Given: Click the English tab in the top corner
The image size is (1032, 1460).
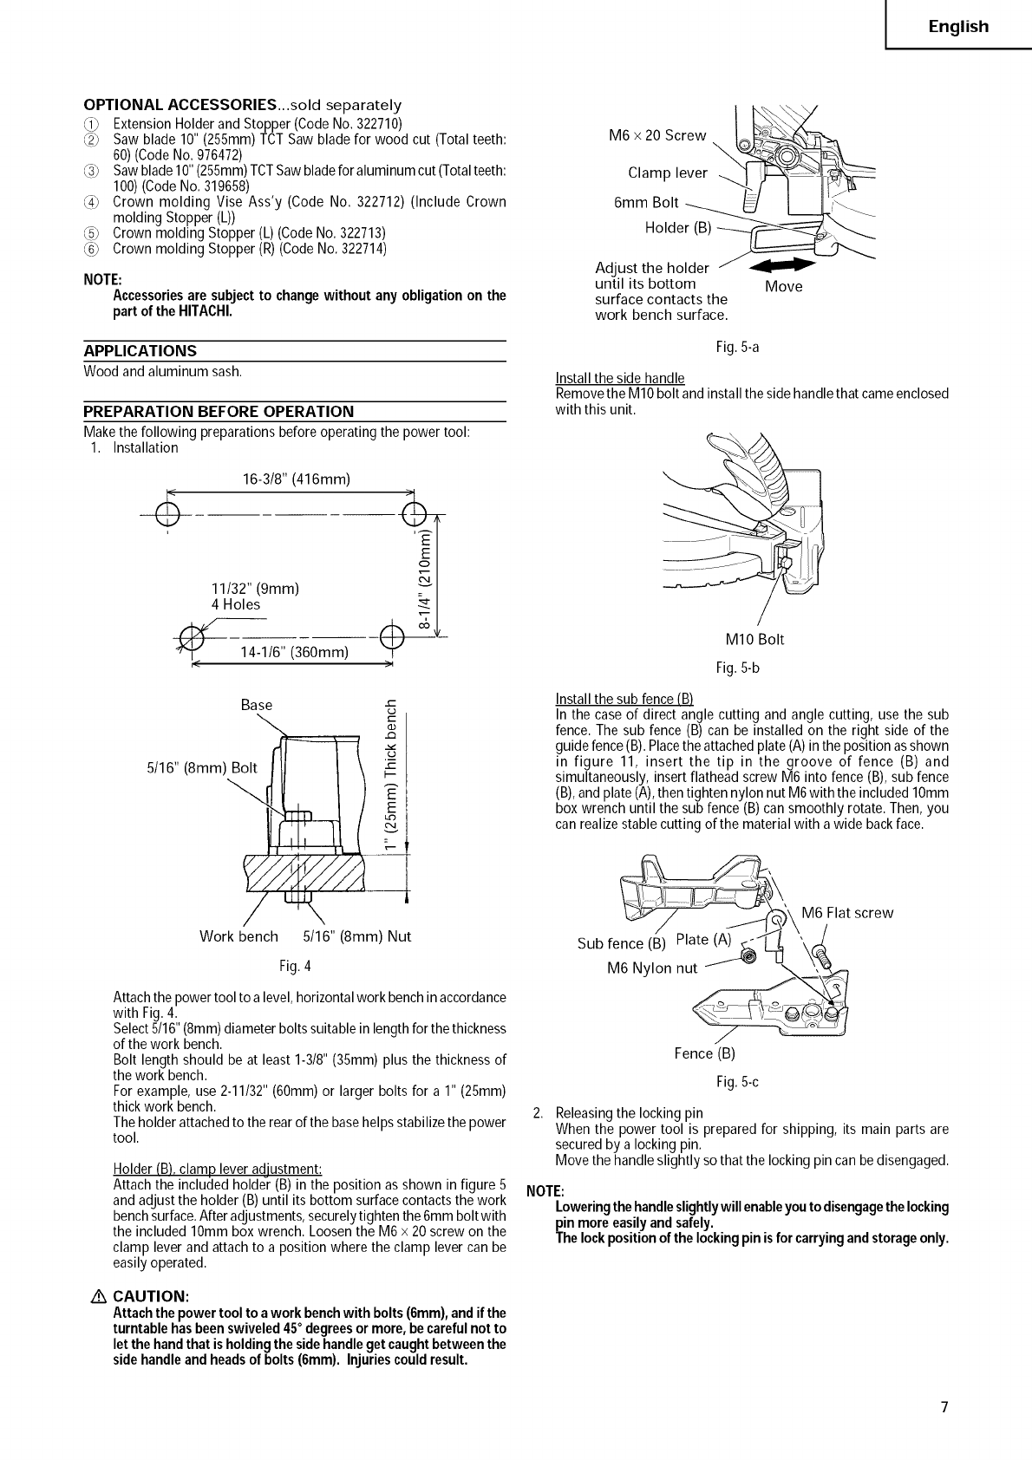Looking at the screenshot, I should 958,27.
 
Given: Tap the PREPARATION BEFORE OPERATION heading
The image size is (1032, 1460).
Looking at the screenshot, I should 219,411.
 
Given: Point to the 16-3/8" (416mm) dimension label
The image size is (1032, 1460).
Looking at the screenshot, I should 296,479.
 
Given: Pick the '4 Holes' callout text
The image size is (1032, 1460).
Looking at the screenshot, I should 235,604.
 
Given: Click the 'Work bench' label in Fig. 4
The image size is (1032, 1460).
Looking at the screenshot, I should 238,936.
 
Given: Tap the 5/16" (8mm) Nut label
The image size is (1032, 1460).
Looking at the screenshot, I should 356,936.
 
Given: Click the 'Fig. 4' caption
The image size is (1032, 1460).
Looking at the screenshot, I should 295,966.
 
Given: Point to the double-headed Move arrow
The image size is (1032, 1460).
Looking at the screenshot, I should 782,266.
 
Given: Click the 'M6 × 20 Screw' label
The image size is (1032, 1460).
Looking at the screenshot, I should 657,135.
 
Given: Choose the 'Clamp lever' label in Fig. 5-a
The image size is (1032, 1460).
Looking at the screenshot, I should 667,173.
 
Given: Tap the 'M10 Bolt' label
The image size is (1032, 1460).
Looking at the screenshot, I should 754,640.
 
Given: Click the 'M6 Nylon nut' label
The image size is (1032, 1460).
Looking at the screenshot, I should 651,968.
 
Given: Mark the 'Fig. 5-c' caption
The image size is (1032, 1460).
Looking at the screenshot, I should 738,1082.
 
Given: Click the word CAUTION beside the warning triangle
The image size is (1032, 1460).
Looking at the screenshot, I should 151,1296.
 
